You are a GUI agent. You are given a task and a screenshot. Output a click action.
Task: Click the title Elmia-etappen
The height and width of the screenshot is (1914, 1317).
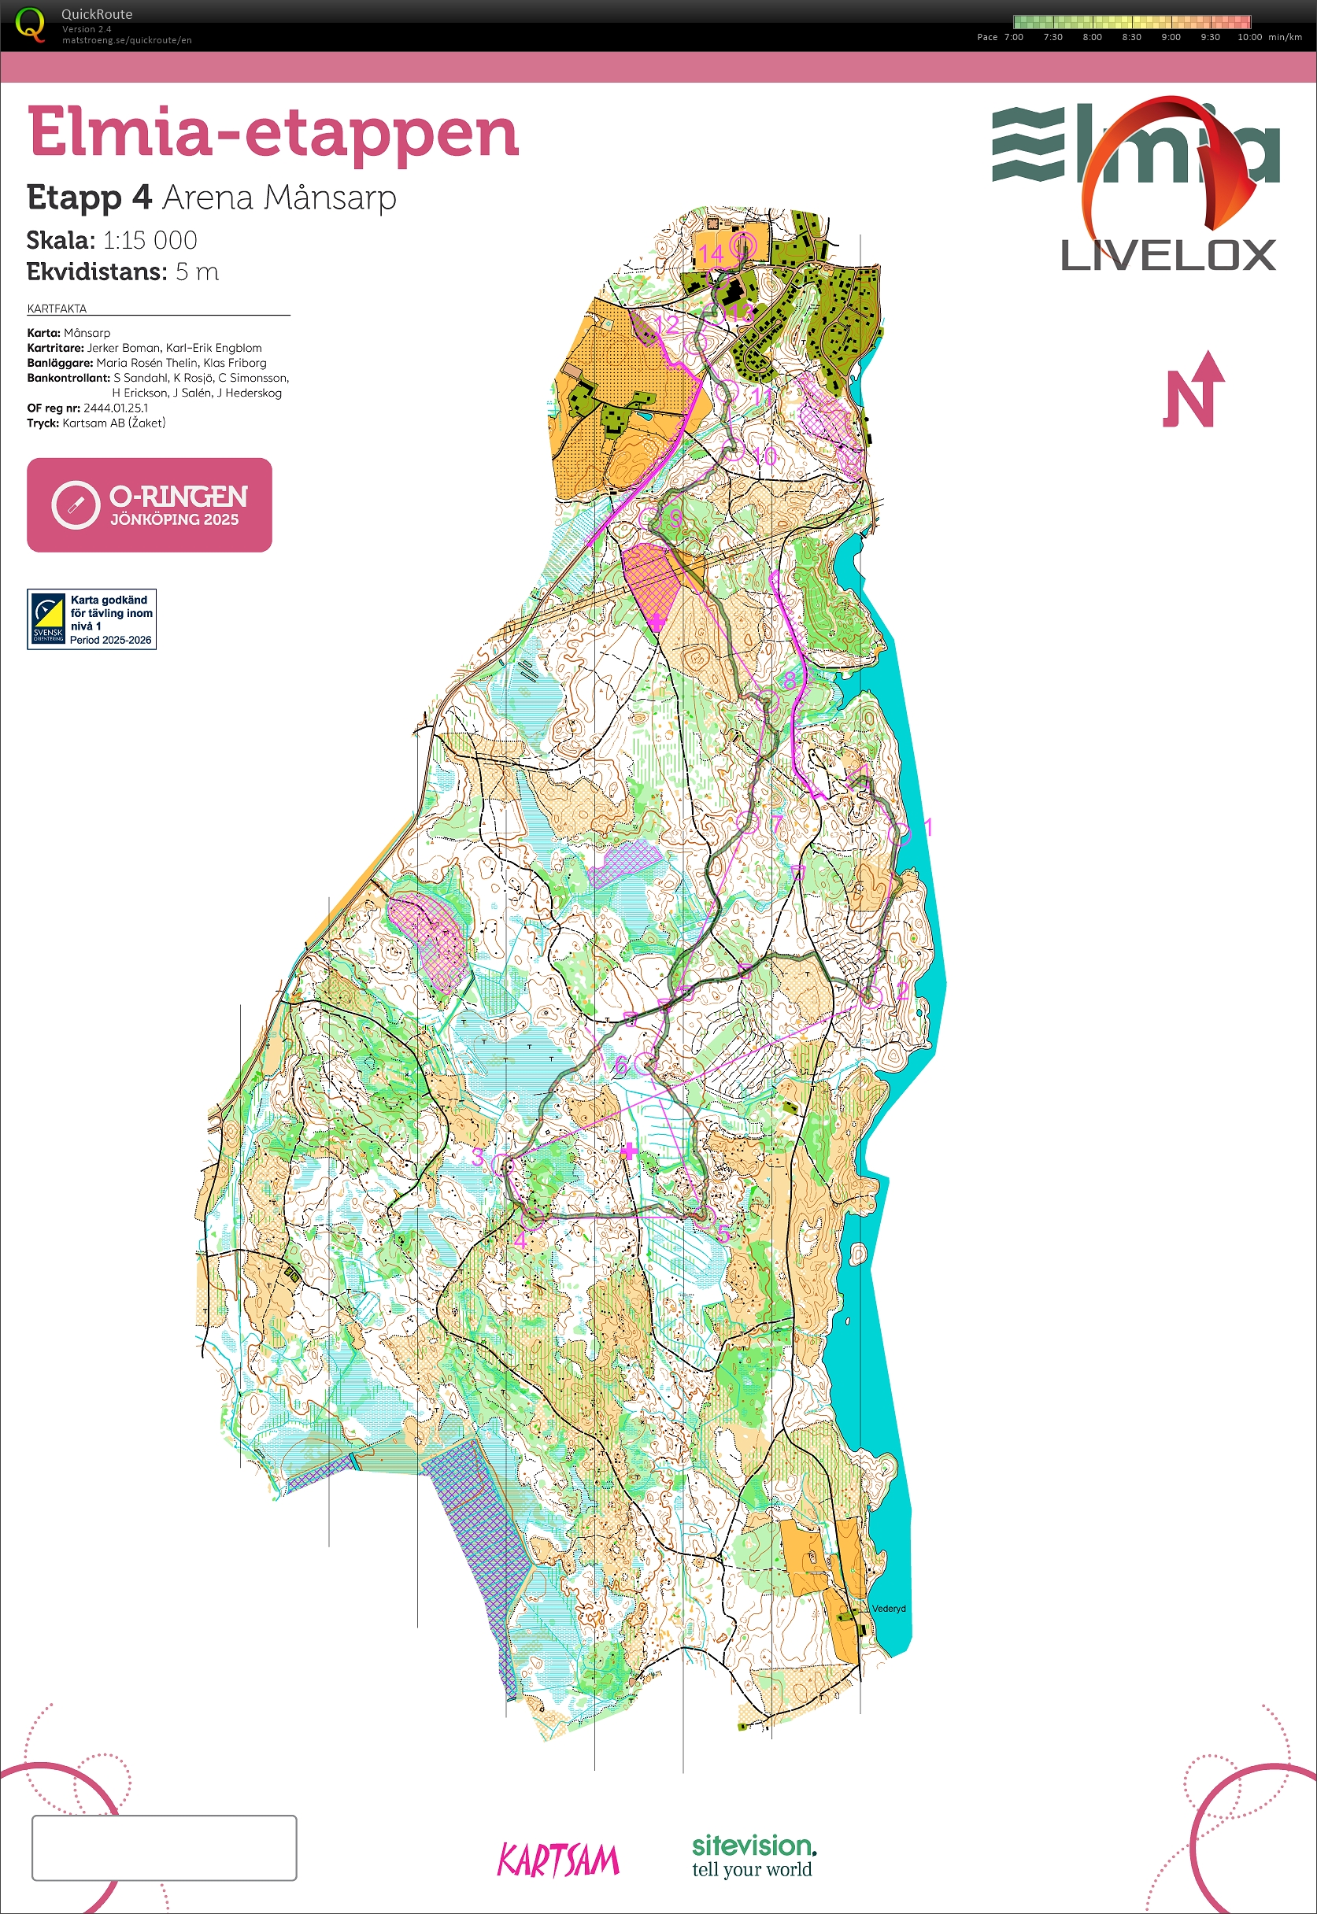point(273,132)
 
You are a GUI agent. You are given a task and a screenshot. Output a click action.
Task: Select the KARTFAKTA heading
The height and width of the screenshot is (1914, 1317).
point(57,309)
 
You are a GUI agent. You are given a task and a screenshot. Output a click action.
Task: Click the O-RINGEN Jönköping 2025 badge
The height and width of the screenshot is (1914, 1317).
point(150,505)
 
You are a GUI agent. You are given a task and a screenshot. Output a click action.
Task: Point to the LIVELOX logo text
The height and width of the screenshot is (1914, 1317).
point(1167,256)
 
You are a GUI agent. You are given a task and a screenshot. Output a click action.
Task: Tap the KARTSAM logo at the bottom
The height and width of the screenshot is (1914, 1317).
point(558,1860)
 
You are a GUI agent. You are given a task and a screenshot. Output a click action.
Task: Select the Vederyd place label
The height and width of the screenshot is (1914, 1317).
point(888,1609)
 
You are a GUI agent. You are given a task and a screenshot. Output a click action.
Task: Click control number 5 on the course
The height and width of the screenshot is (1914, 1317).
point(723,1232)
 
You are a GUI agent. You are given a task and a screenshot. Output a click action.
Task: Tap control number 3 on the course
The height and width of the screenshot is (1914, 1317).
point(478,1157)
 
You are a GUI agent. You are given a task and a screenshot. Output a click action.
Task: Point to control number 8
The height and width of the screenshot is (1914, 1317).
point(790,681)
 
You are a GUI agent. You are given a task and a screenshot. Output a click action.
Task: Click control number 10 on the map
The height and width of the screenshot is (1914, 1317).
point(765,456)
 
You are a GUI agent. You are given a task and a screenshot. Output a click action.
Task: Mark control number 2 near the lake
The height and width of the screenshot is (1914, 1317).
point(902,990)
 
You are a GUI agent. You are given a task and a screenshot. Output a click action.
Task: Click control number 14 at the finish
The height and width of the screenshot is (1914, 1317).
point(711,253)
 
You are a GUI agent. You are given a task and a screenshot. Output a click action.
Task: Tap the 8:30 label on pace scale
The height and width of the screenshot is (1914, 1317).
point(1131,37)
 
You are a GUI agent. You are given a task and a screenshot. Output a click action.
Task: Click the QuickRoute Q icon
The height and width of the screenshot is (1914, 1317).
point(31,24)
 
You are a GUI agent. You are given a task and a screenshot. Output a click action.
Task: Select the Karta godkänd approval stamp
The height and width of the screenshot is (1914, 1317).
point(91,619)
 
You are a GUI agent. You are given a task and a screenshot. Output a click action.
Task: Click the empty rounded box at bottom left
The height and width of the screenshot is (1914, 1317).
point(165,1847)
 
